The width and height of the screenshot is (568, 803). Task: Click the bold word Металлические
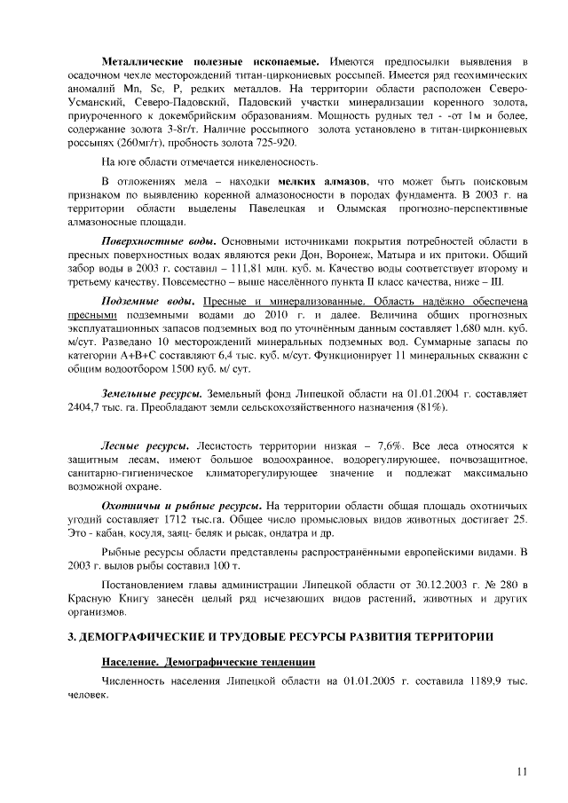click(142, 61)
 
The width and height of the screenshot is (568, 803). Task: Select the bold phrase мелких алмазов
click(326, 180)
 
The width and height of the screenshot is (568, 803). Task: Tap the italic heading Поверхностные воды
click(159, 241)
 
